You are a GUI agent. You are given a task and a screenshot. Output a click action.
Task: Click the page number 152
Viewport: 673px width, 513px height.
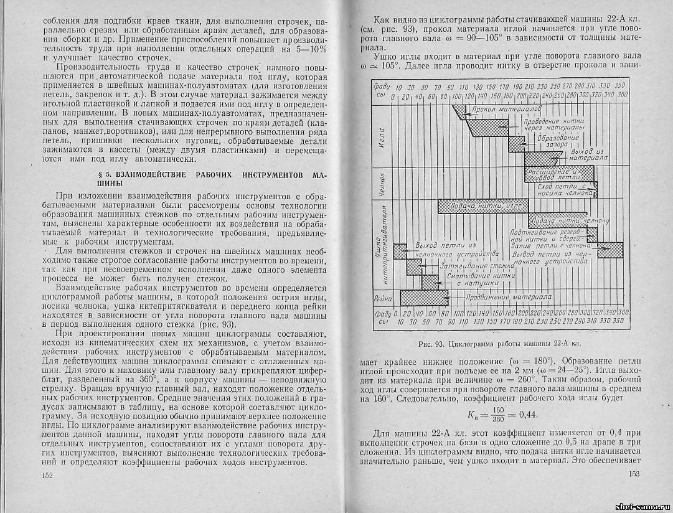(x=42, y=476)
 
